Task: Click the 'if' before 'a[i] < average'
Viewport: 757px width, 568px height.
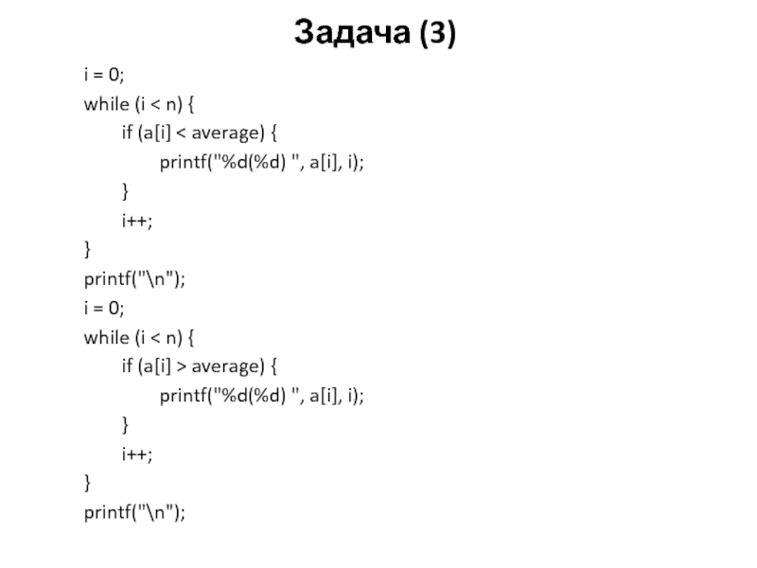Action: click(126, 133)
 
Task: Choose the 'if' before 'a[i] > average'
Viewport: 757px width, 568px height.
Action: click(126, 366)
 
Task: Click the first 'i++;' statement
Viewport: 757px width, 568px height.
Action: click(136, 221)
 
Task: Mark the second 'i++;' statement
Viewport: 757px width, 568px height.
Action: click(136, 453)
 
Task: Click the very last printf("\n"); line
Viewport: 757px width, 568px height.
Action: click(134, 512)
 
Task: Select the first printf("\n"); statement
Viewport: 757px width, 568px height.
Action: click(134, 279)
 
